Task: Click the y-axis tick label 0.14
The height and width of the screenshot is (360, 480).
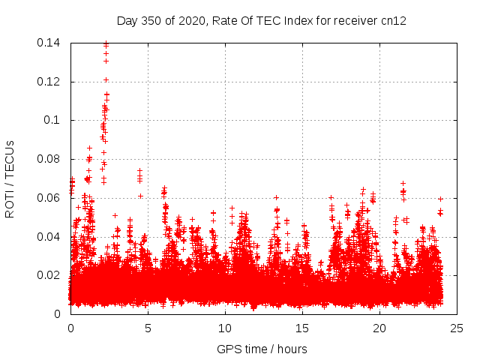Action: coord(49,43)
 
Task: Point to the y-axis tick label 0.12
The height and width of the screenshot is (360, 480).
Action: coord(49,82)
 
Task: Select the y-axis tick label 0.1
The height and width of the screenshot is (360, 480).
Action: coord(52,120)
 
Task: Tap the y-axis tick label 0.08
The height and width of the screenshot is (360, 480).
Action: coord(49,159)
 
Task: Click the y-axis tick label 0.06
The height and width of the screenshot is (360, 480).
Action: coord(49,198)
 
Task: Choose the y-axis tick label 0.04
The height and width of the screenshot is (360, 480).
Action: coord(49,237)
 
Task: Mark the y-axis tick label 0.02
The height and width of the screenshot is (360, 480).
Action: coord(49,275)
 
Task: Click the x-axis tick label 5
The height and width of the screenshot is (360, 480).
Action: coord(148,328)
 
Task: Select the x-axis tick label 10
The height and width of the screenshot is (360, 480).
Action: coord(225,328)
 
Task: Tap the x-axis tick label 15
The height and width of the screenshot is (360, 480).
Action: coord(302,328)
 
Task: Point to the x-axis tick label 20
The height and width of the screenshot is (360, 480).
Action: coord(379,328)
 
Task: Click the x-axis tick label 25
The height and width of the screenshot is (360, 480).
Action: coord(457,328)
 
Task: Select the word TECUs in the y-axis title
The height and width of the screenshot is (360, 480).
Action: coord(10,157)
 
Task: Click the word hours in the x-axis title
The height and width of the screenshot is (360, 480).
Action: coord(291,349)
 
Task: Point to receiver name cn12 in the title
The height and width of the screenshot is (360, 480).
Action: coord(394,21)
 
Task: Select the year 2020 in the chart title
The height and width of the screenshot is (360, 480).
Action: coord(192,21)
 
